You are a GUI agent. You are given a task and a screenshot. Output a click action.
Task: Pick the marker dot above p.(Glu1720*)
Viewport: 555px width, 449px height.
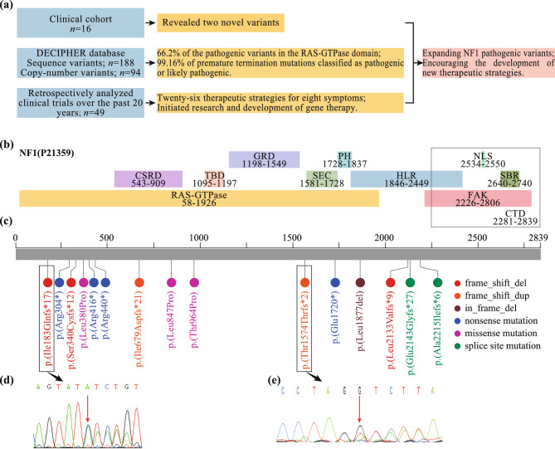click(334, 283)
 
